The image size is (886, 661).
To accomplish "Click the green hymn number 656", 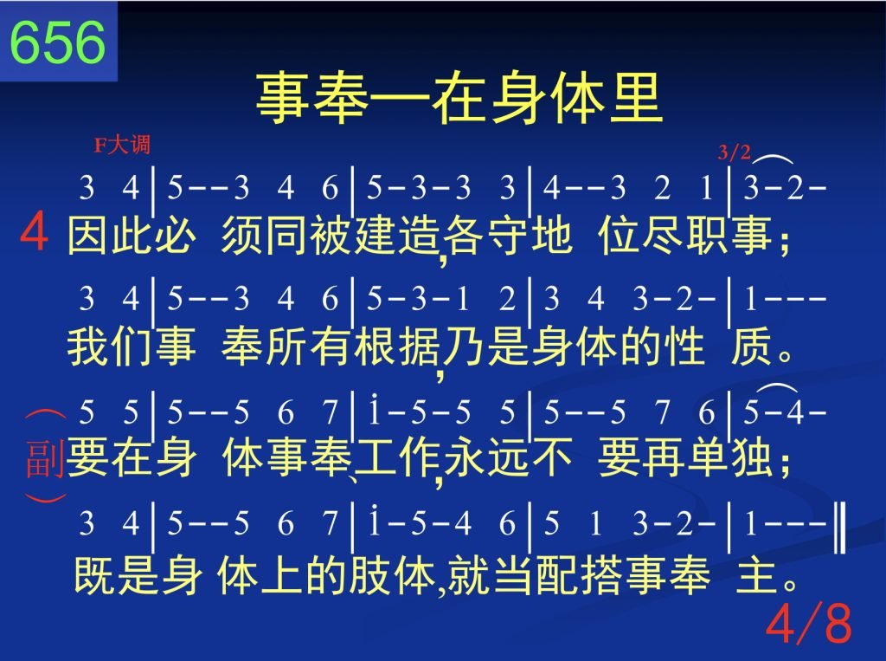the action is (x=58, y=42).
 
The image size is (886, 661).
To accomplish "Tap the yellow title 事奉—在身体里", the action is (x=459, y=99).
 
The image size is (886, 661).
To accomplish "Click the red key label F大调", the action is (x=122, y=145).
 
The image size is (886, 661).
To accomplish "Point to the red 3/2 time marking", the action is (x=734, y=152).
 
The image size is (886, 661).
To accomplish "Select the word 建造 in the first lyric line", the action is (x=398, y=236).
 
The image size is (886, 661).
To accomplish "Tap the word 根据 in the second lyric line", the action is (x=398, y=347).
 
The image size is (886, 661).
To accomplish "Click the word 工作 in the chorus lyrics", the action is (x=398, y=457).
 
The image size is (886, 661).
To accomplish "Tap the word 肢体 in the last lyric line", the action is (x=393, y=575).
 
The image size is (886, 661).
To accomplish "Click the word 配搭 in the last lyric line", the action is (x=579, y=575).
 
